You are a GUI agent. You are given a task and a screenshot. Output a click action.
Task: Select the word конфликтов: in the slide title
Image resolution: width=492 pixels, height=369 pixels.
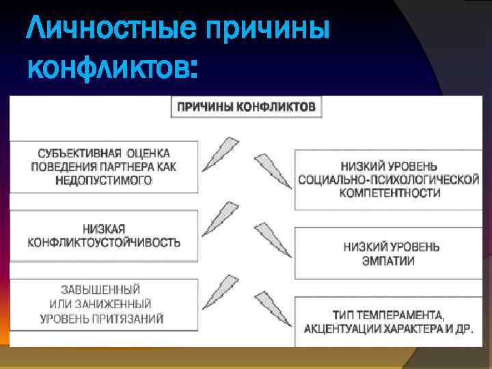pyautogui.click(x=113, y=69)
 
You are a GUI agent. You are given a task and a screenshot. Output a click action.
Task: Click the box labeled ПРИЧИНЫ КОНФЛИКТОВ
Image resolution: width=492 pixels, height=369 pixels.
pyautogui.click(x=246, y=107)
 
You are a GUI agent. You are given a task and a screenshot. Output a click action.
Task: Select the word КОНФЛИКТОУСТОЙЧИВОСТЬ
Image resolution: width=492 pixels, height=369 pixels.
pyautogui.click(x=105, y=242)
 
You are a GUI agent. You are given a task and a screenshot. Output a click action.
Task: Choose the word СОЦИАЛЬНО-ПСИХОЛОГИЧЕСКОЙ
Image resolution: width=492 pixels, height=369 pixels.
pyautogui.click(x=387, y=180)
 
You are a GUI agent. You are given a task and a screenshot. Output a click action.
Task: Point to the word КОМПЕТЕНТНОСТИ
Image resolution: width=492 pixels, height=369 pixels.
pyautogui.click(x=387, y=193)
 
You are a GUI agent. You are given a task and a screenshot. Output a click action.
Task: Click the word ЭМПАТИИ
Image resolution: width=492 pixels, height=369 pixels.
pyautogui.click(x=387, y=260)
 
